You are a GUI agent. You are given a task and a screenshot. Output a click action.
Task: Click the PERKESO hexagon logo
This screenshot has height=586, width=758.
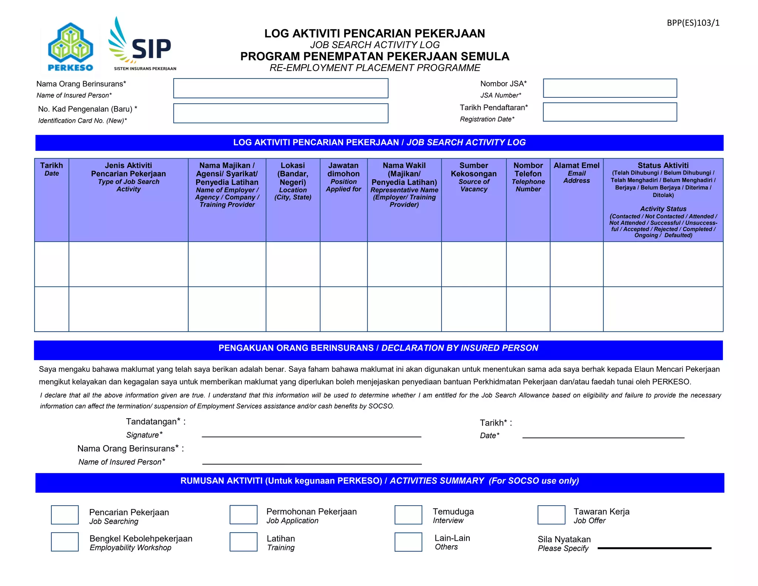pos(70,46)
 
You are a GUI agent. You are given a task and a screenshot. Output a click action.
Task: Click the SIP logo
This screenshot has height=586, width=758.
pos(142,44)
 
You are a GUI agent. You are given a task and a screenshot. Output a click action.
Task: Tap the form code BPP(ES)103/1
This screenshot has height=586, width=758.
pos(693,23)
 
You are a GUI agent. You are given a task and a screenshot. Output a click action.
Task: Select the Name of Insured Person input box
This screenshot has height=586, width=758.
pos(281,88)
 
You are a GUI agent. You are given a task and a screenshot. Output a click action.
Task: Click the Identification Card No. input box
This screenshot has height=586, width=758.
pos(281,113)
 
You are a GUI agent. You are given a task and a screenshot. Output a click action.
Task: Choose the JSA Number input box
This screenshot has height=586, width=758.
pos(610,88)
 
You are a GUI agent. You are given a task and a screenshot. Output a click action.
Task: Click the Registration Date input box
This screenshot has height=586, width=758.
pos(610,112)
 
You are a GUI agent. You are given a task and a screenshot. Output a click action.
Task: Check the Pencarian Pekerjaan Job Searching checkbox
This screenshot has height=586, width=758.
pos(65,515)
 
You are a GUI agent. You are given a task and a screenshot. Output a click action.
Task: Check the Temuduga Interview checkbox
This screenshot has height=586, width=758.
pos(408,515)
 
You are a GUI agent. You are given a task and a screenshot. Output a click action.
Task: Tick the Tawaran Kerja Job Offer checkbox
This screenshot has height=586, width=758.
pos(551,515)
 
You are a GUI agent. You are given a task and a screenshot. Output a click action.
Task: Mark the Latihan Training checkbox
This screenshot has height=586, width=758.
pos(243,542)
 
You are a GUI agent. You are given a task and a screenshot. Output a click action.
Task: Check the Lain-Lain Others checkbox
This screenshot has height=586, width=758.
pos(408,542)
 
